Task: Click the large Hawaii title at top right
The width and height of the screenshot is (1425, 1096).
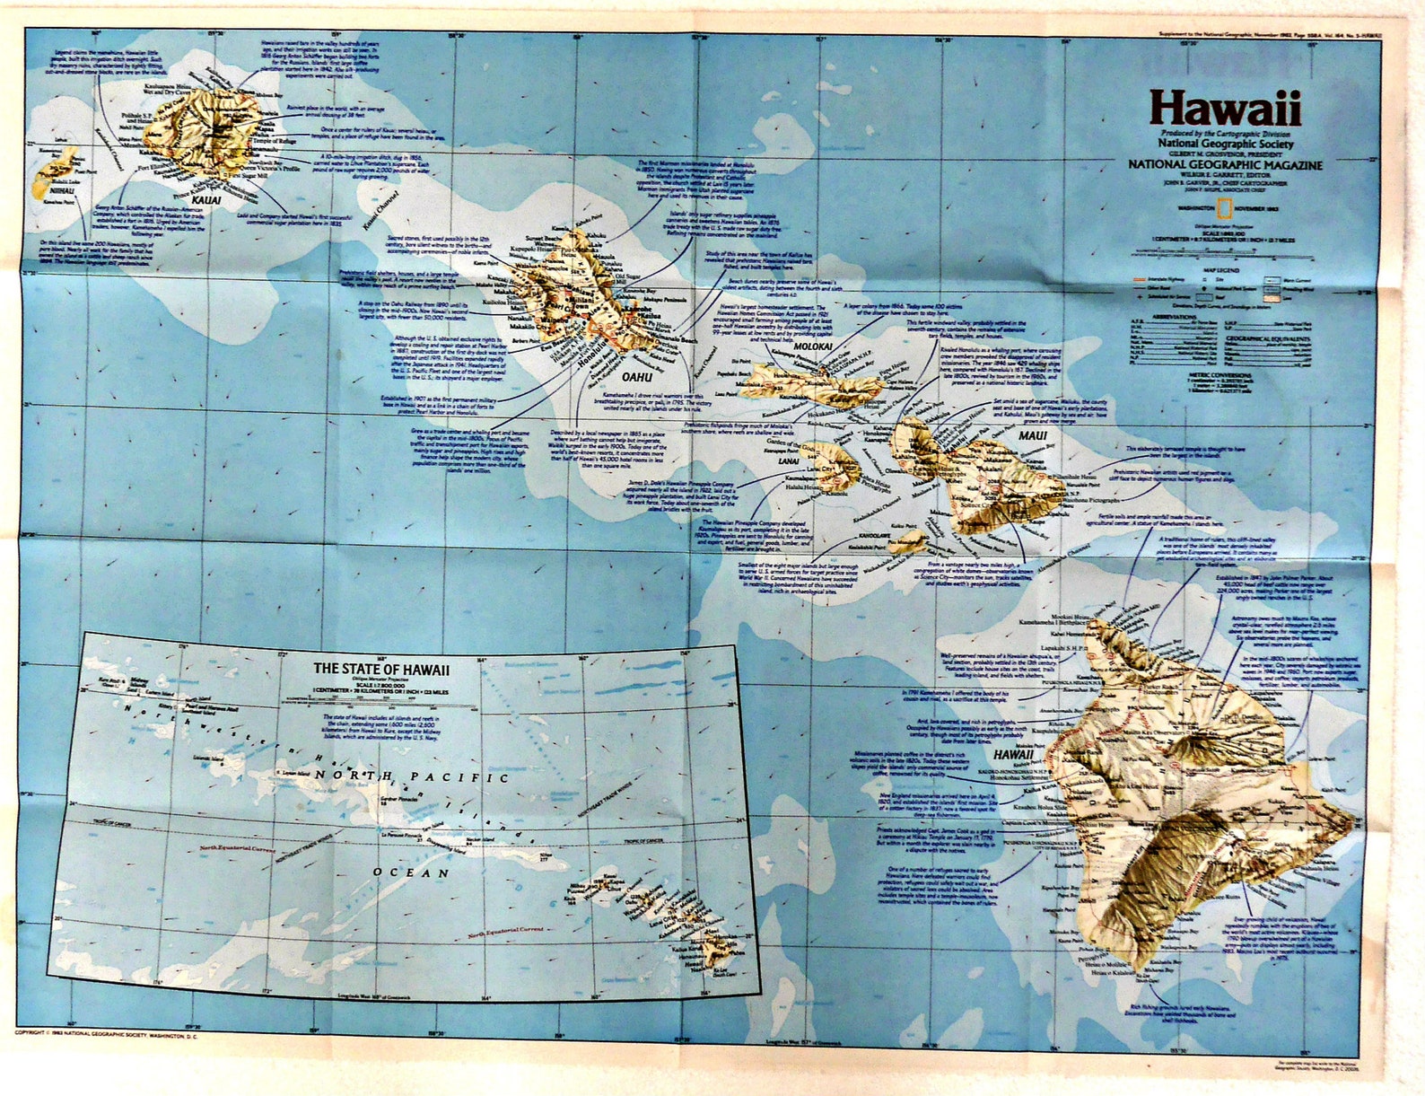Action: tap(1225, 109)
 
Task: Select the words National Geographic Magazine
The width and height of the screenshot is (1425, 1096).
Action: tap(1225, 165)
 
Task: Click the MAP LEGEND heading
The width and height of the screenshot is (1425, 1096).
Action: tap(1226, 268)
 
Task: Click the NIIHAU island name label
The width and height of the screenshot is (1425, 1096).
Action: tap(61, 191)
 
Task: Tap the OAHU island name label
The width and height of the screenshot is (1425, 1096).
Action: tap(636, 377)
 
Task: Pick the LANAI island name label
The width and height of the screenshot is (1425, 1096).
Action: tap(788, 461)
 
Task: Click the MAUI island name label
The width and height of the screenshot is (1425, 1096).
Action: tap(1032, 436)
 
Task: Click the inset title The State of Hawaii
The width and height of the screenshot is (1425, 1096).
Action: tap(381, 669)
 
